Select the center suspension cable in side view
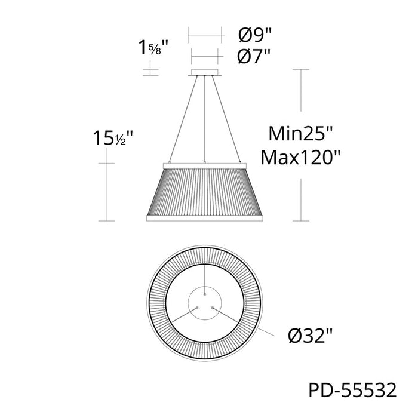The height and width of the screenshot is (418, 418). click(x=205, y=119)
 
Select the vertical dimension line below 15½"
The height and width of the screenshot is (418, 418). click(x=106, y=191)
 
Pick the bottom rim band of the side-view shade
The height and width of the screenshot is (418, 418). click(x=205, y=218)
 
